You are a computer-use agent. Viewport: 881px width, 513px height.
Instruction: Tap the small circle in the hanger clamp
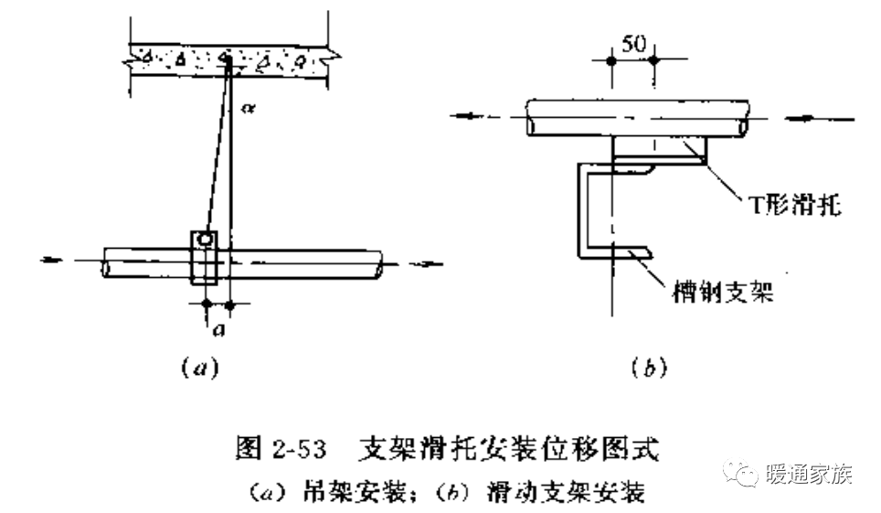click(x=207, y=239)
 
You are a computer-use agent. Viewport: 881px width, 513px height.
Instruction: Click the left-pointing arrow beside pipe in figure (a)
click(x=55, y=260)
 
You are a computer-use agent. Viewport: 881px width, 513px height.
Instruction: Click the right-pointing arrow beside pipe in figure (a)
click(x=422, y=262)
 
